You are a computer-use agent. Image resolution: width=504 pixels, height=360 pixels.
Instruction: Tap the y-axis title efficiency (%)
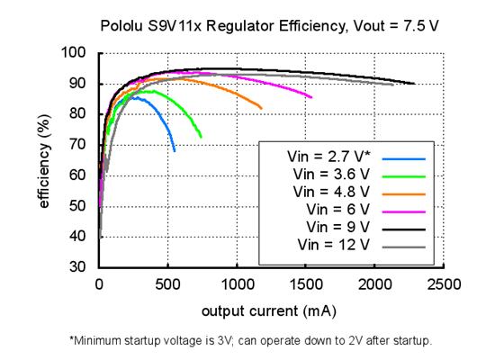[x=43, y=160]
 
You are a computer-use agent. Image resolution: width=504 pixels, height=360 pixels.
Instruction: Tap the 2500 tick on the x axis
[x=442, y=285]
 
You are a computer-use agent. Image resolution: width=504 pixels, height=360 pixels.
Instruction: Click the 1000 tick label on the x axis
[x=236, y=285]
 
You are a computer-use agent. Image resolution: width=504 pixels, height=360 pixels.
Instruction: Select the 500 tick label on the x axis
[x=167, y=285]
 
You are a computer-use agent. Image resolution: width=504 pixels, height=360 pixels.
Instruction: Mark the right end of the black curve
[x=414, y=84]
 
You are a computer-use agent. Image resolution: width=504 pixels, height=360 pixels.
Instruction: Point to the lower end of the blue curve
[x=175, y=150]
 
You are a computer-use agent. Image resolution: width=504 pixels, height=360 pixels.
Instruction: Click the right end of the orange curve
[x=262, y=109]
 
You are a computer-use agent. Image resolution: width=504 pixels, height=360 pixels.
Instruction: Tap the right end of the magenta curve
[x=311, y=97]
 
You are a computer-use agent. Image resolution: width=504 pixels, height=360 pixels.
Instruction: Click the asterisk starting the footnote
[x=72, y=340]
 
